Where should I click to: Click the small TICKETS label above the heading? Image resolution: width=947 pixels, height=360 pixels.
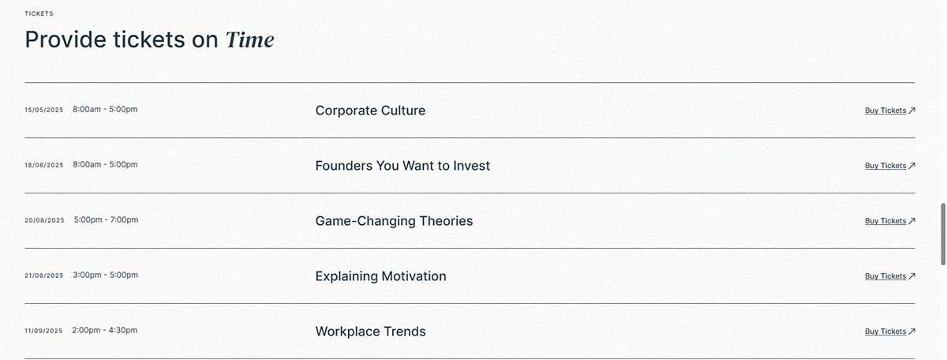(x=39, y=13)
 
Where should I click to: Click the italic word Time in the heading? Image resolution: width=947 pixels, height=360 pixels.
(x=250, y=40)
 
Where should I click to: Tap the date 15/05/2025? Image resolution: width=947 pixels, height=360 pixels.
(x=44, y=110)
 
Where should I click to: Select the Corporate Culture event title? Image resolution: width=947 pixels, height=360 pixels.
(x=370, y=111)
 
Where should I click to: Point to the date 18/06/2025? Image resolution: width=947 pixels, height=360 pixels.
(x=44, y=165)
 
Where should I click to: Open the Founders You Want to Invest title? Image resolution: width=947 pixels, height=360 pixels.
(x=402, y=166)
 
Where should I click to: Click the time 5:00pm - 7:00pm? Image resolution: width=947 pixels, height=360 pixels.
(x=106, y=219)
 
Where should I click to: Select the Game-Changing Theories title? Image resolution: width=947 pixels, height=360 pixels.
(x=394, y=221)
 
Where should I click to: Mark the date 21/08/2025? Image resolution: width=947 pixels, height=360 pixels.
(x=44, y=276)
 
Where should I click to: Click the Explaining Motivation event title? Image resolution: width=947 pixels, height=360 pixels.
(x=380, y=276)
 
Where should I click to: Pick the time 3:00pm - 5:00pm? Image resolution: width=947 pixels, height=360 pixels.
(x=105, y=275)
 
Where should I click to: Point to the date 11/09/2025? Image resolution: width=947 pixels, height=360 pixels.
(x=43, y=331)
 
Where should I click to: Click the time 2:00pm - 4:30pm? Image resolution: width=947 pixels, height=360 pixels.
(x=105, y=330)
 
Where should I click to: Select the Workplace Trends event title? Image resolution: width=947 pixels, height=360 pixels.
(x=370, y=332)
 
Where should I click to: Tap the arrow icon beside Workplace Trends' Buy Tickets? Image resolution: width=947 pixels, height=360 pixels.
(x=912, y=332)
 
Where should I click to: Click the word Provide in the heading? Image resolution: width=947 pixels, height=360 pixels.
(x=66, y=39)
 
